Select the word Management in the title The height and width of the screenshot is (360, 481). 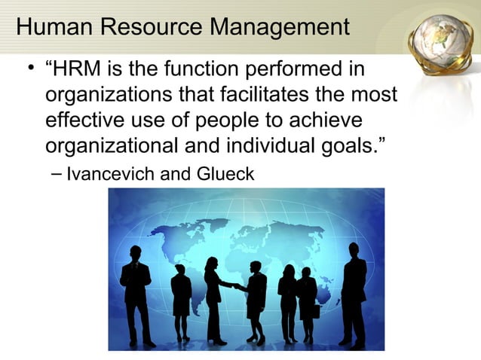tap(277, 29)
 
